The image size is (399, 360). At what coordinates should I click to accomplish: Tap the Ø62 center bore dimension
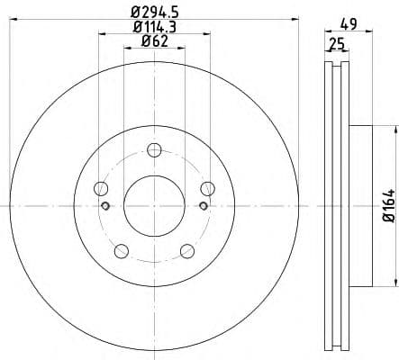click(153, 42)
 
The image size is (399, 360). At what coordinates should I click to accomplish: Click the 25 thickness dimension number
click(337, 42)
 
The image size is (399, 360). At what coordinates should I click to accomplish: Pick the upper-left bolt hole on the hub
click(101, 188)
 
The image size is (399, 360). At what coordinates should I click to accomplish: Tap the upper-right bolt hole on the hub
click(207, 188)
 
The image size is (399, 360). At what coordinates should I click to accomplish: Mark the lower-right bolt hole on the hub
click(187, 250)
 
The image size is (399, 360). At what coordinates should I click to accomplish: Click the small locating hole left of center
click(106, 206)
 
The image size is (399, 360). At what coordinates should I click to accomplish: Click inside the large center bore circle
click(154, 205)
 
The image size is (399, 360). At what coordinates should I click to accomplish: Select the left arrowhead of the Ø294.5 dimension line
click(14, 21)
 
